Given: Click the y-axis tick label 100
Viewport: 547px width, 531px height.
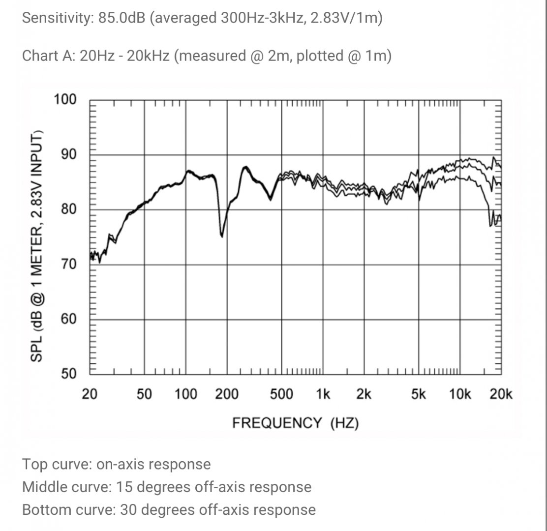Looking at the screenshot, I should [65, 100].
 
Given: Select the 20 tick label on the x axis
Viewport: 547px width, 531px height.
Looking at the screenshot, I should [90, 394].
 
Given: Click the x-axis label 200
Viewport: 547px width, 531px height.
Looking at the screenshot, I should [227, 394].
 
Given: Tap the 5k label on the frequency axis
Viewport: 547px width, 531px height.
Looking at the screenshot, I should [418, 394].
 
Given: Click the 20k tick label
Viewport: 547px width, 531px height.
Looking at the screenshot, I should [501, 394].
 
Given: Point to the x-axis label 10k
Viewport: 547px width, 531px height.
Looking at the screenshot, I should [460, 394].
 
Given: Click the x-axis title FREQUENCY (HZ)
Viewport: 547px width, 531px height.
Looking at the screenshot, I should [295, 422].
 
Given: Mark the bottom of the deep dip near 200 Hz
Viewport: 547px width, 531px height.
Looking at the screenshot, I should [222, 236].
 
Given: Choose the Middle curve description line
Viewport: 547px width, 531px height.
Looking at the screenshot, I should [167, 487].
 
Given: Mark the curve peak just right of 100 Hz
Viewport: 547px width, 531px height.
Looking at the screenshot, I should [188, 171].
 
